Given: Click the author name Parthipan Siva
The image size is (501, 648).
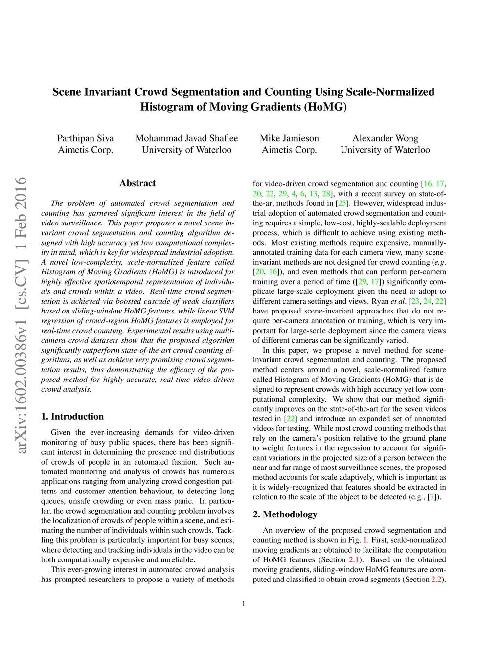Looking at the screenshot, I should point(85,138).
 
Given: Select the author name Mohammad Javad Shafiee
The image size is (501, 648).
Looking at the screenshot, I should point(186,138).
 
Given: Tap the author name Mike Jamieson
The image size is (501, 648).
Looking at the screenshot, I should point(289,138).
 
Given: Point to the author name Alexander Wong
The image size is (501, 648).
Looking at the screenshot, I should point(385,138).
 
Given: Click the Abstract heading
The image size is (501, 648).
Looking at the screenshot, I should point(137,183).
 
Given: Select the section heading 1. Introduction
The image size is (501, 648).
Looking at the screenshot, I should point(72,416).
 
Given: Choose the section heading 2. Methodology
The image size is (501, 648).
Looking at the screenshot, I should point(285,514).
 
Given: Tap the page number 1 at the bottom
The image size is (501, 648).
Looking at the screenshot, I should point(244,603).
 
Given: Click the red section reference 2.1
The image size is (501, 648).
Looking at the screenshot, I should point(353,559).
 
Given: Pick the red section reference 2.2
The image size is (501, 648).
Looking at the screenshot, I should point(436,579).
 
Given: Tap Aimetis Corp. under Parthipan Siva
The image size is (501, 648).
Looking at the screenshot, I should point(85,150).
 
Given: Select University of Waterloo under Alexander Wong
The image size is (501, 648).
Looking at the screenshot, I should point(385,150).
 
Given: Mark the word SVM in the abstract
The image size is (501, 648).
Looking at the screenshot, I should point(226,311).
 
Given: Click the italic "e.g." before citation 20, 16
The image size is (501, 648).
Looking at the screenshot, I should point(439,262).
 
